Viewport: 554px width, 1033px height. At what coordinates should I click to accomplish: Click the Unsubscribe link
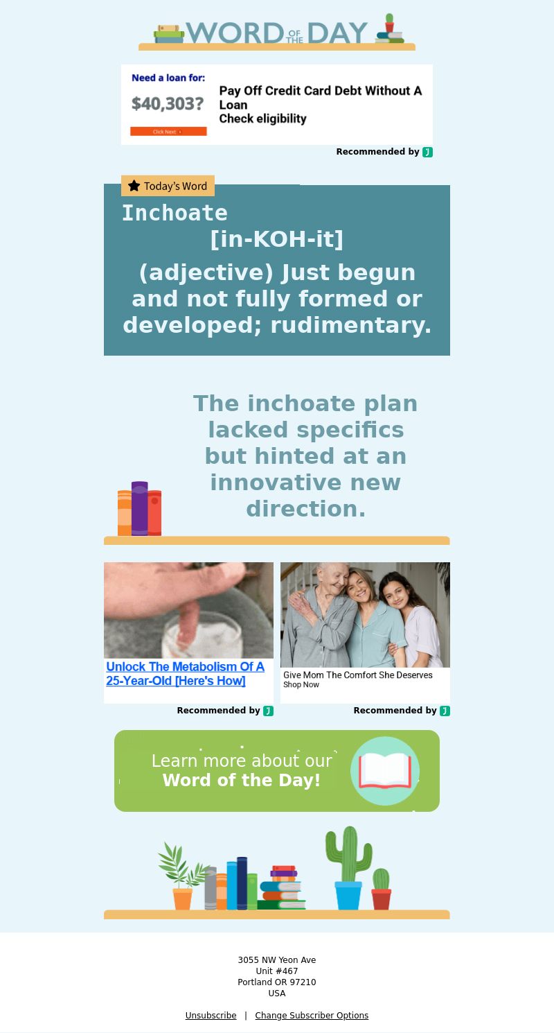pyautogui.click(x=211, y=1015)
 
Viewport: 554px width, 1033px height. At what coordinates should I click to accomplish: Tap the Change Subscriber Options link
pyautogui.click(x=312, y=1015)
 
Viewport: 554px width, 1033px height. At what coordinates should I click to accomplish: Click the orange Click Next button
pyautogui.click(x=168, y=132)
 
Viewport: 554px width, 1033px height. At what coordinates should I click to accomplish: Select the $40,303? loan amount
pyautogui.click(x=168, y=104)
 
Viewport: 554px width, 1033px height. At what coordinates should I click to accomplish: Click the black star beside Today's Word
pyautogui.click(x=134, y=186)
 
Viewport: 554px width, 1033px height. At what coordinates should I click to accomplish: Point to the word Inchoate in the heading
pyautogui.click(x=175, y=213)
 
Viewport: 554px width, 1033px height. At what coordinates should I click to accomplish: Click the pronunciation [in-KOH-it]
pyautogui.click(x=277, y=239)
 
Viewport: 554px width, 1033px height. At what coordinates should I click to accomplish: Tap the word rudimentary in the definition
pyautogui.click(x=351, y=325)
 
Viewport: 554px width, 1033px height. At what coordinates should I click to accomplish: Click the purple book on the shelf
pyautogui.click(x=139, y=508)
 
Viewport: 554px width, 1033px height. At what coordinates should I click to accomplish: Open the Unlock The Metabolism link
pyautogui.click(x=185, y=674)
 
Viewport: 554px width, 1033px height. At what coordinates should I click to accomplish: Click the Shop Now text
pyautogui.click(x=301, y=685)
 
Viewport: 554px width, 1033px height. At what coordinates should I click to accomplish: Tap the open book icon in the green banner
pyautogui.click(x=385, y=771)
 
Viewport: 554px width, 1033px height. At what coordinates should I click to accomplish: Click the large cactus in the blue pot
pyautogui.click(x=348, y=867)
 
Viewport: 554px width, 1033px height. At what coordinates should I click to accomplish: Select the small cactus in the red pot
pyautogui.click(x=382, y=889)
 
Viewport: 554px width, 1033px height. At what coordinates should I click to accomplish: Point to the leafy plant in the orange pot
pyautogui.click(x=182, y=876)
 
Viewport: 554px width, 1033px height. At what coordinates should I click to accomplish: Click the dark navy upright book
pyautogui.click(x=242, y=883)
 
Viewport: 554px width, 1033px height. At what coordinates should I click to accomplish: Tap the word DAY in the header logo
pyautogui.click(x=337, y=33)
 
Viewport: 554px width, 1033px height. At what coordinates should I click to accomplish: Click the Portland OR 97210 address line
pyautogui.click(x=277, y=982)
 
